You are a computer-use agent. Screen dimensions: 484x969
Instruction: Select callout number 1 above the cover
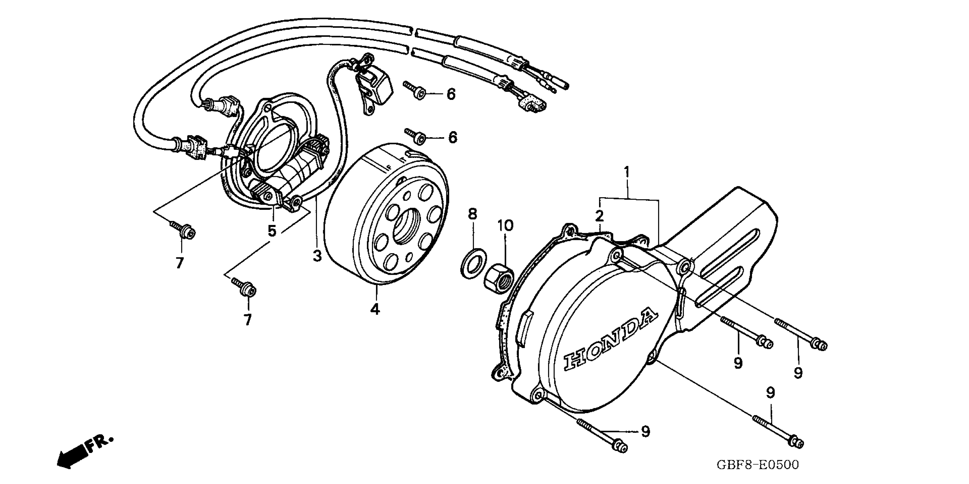point(626,172)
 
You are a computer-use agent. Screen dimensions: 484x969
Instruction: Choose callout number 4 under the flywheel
point(375,309)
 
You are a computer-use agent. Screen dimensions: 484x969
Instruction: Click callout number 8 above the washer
point(472,214)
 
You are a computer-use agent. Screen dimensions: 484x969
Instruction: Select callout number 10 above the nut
point(505,226)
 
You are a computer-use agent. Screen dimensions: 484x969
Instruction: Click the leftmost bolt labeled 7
point(183,230)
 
